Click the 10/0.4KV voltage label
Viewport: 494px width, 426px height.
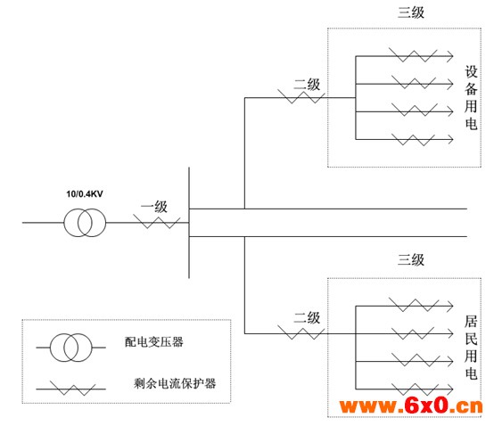click(85, 193)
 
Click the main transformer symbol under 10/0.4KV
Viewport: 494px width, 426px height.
click(85, 223)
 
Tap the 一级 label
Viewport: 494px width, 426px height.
click(153, 207)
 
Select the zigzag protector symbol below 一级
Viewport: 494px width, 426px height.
click(157, 222)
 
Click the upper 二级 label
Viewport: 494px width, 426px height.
click(307, 85)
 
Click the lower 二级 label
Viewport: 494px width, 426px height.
click(307, 317)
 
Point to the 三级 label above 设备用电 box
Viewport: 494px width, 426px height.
click(411, 12)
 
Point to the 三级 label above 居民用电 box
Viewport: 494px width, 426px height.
click(411, 259)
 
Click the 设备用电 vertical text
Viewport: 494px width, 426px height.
click(471, 98)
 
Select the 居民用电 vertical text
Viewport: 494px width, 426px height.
click(471, 347)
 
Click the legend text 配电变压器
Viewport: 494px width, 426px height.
click(153, 341)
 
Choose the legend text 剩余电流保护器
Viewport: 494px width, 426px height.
click(175, 383)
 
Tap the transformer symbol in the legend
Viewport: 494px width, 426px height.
click(70, 348)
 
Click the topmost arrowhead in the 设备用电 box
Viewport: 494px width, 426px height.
click(450, 56)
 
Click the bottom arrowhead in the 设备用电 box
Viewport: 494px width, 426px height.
click(450, 139)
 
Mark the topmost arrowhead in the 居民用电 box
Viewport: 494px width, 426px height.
click(450, 306)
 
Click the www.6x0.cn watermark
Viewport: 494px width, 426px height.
click(411, 406)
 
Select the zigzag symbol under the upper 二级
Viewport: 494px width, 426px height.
click(301, 96)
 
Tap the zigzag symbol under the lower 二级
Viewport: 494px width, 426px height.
click(301, 332)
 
